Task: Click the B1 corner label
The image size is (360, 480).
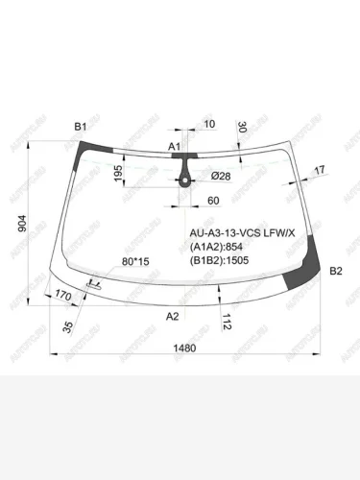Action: click(81, 127)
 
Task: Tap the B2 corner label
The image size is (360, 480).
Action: click(336, 271)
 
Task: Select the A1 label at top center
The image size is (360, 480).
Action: click(175, 147)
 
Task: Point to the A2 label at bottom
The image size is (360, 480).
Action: click(172, 317)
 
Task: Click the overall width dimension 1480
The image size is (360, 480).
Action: click(184, 348)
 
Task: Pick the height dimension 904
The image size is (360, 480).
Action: click(22, 223)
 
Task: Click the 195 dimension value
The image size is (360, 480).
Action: click(118, 173)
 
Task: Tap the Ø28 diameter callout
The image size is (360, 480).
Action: click(221, 176)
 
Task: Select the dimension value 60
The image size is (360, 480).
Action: click(213, 201)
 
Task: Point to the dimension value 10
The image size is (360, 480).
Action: click(209, 124)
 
